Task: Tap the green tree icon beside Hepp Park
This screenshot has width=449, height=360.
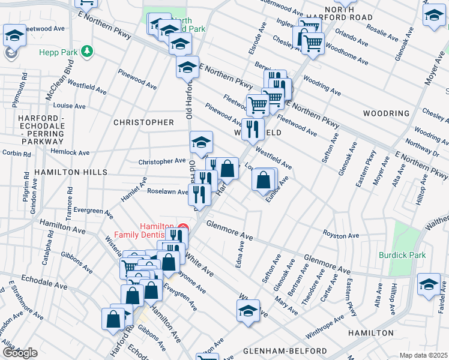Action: (x=88, y=52)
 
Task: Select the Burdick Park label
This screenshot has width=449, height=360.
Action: (x=402, y=255)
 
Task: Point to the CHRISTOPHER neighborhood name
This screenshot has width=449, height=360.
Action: (x=143, y=122)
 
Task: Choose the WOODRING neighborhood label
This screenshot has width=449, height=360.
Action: (x=386, y=113)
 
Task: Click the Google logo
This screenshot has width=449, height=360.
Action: (x=20, y=353)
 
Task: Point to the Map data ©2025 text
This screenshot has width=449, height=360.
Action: (x=423, y=355)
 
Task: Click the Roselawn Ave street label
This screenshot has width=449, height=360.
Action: (x=169, y=191)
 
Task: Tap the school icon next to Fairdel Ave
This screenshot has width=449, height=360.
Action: (x=429, y=284)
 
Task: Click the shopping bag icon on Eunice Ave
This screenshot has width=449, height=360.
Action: (x=264, y=180)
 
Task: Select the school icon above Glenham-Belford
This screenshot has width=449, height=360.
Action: (x=248, y=311)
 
